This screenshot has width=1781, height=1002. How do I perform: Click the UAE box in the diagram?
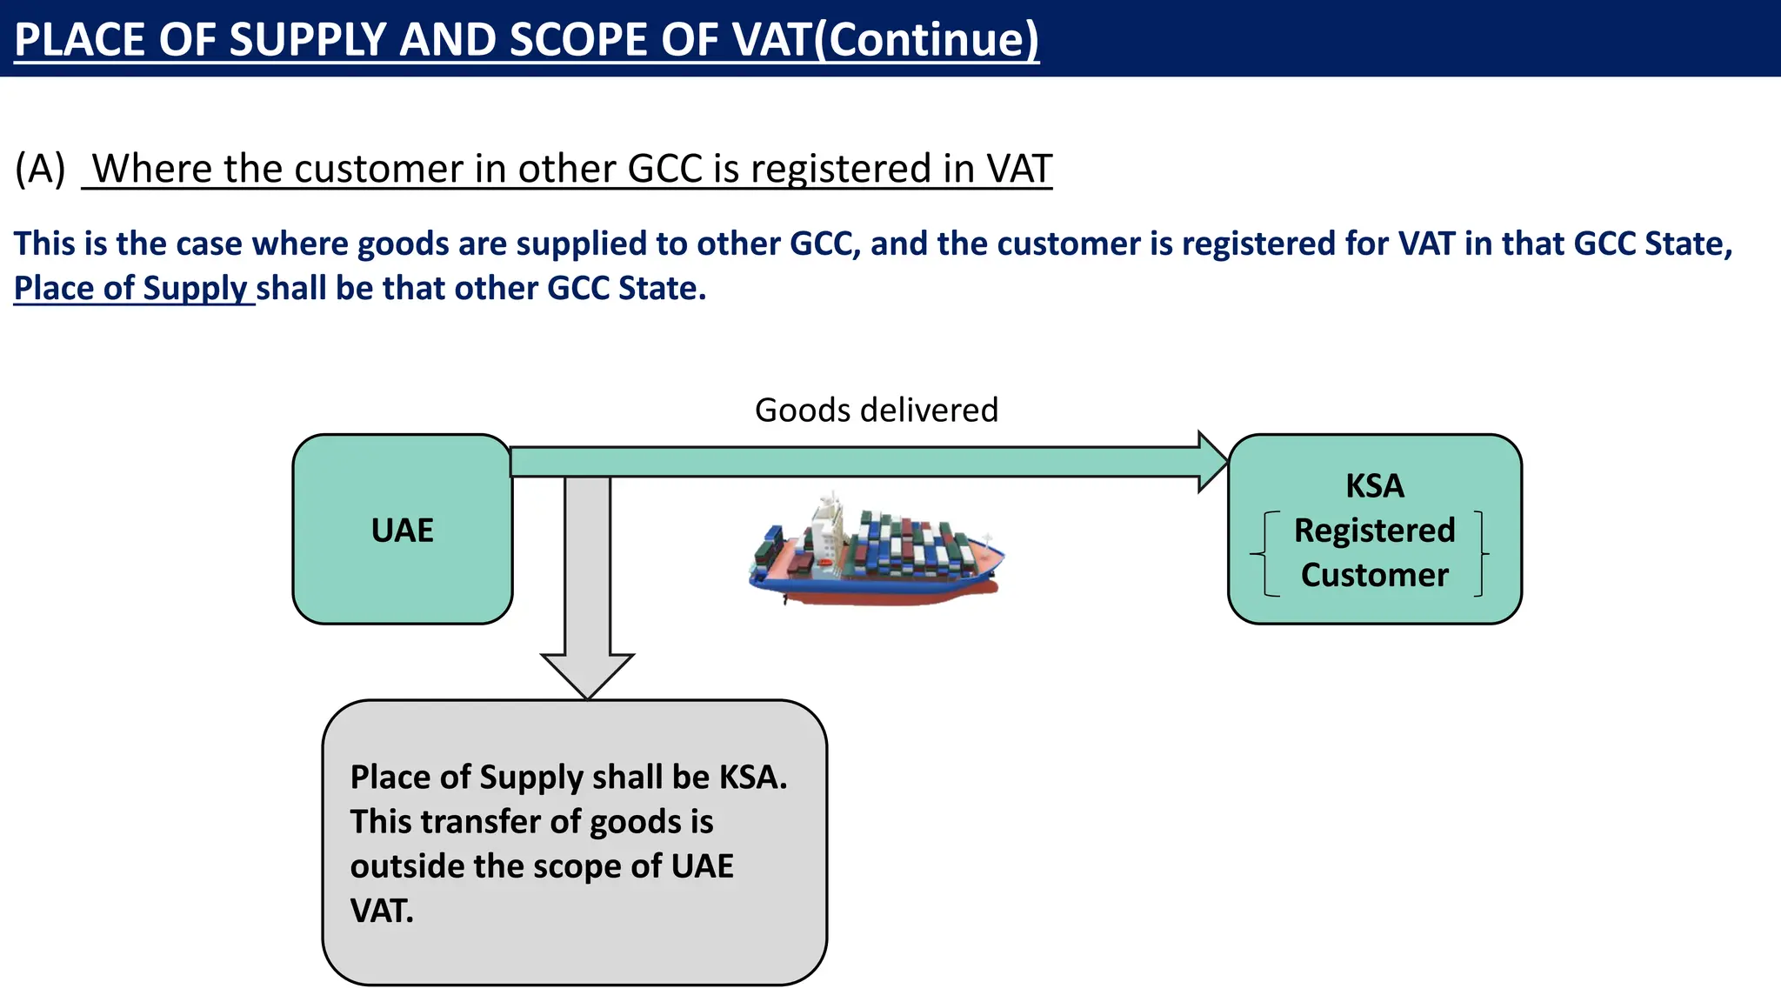402,530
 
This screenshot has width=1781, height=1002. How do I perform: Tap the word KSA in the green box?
1374,485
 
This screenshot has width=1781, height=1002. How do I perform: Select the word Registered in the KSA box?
1374,531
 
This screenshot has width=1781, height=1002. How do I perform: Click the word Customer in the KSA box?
1374,575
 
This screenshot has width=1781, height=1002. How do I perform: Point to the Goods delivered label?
876,410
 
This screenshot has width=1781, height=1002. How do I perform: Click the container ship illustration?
876,551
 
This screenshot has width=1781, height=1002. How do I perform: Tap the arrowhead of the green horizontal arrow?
1212,462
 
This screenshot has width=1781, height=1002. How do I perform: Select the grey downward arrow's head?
587,674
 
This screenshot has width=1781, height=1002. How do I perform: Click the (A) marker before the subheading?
40,169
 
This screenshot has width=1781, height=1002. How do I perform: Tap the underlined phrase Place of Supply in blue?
131,288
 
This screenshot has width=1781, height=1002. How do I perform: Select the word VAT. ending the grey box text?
382,911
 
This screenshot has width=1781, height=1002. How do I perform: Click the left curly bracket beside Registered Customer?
1266,553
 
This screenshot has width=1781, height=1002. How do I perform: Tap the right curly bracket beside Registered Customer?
1480,553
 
